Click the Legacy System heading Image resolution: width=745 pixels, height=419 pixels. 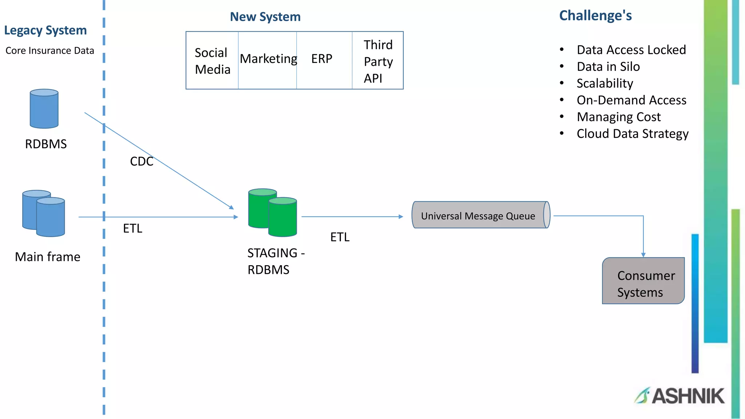(x=45, y=31)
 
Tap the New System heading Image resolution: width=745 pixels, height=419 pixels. (x=265, y=17)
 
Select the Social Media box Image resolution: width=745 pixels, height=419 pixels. (x=212, y=61)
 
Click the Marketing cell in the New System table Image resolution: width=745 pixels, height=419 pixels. (x=268, y=59)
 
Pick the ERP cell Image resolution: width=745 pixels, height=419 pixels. (x=322, y=59)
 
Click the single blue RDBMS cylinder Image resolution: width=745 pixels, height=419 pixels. (x=44, y=109)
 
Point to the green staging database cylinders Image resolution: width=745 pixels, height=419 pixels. (x=272, y=213)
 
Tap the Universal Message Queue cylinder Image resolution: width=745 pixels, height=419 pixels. (x=480, y=215)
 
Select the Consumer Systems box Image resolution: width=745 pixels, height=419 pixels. (x=643, y=281)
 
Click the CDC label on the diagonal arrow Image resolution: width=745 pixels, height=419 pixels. (x=142, y=161)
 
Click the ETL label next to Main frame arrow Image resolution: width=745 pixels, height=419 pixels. (x=132, y=228)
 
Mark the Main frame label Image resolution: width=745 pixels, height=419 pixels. (x=48, y=257)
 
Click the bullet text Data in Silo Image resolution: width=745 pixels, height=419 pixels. (x=608, y=67)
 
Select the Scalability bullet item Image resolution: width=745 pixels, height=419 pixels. (x=605, y=83)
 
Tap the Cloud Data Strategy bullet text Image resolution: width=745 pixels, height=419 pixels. (x=632, y=134)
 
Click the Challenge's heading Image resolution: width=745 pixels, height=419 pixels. (x=595, y=16)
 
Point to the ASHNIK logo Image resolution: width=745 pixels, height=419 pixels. (x=680, y=396)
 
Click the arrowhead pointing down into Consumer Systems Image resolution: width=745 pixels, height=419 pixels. (x=643, y=255)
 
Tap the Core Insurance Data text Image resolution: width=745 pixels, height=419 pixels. (x=50, y=51)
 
